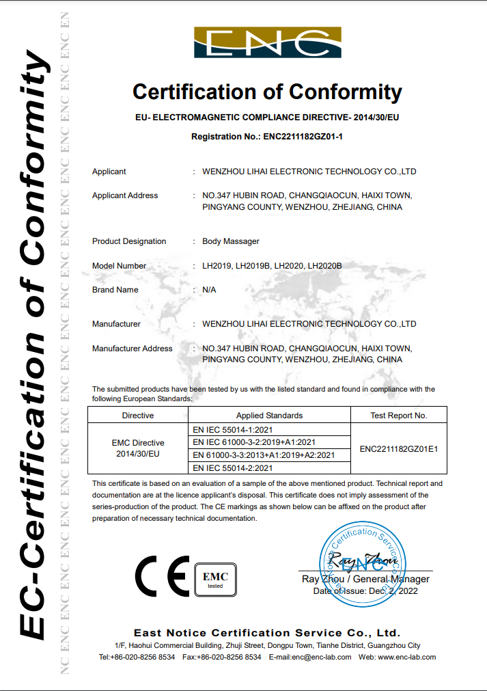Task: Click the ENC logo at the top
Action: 267,42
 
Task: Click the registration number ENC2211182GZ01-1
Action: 301,137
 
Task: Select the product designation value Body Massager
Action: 231,241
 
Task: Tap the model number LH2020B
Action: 324,266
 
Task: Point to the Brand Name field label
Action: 115,290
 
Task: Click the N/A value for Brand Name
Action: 210,290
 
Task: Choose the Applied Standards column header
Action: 269,415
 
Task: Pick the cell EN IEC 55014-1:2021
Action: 234,429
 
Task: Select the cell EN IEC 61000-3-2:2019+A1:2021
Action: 254,442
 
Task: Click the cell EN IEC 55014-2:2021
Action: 234,468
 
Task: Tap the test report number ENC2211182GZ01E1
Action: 398,449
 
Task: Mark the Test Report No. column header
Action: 398,415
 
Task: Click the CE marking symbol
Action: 162,576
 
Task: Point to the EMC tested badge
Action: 215,579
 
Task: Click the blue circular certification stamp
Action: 362,563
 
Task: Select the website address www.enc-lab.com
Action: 406,658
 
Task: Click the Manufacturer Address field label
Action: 133,349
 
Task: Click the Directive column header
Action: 138,415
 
